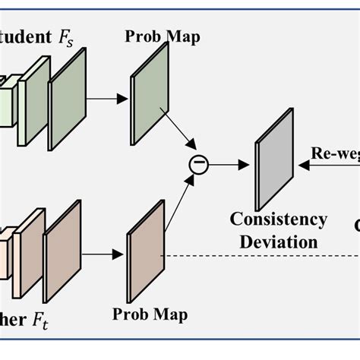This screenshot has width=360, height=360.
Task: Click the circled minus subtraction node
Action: pyautogui.click(x=198, y=163)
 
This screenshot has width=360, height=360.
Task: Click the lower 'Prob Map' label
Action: pyautogui.click(x=150, y=313)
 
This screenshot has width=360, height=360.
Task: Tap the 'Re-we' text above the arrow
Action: pyautogui.click(x=335, y=152)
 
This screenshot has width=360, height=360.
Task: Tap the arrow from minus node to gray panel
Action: pyautogui.click(x=231, y=163)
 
